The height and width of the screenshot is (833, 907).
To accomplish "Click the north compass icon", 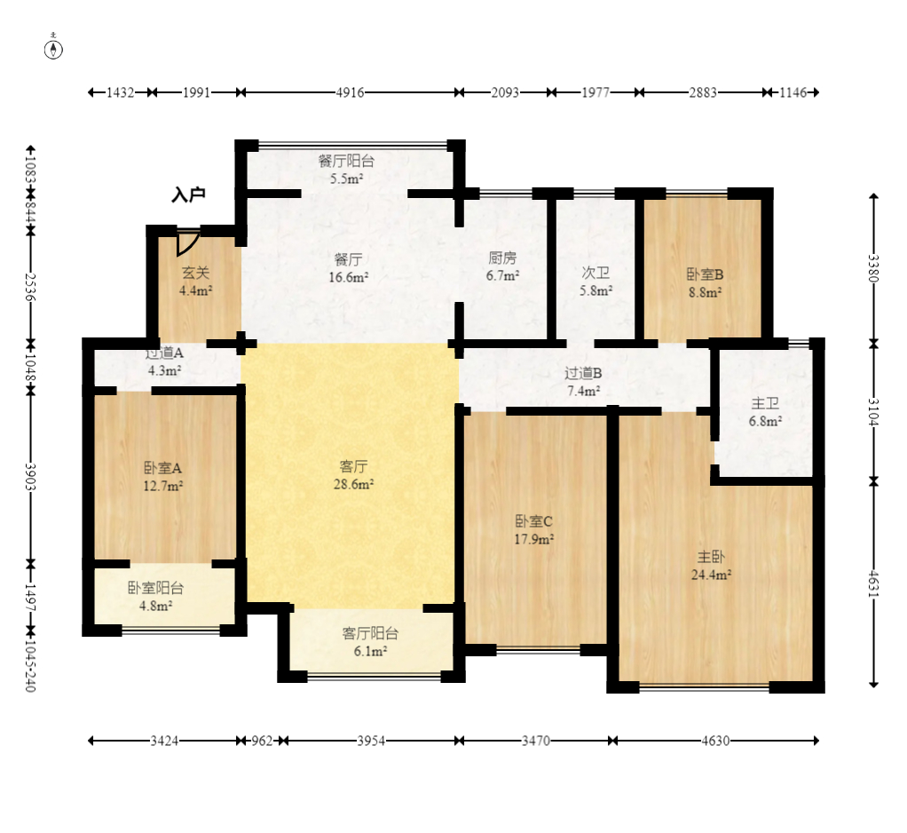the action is [x=54, y=49].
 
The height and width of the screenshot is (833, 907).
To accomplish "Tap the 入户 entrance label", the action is [x=188, y=194].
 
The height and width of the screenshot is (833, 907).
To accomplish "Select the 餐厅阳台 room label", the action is [x=346, y=161].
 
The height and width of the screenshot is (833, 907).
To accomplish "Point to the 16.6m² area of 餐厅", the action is [x=348, y=277].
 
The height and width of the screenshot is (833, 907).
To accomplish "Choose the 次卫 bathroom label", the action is [x=595, y=272].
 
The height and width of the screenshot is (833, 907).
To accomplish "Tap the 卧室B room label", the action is [x=705, y=274].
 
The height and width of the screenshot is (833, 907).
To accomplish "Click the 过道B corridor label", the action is [x=583, y=373].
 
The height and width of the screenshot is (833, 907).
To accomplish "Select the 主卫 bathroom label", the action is [x=765, y=403].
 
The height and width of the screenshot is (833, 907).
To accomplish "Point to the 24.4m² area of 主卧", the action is [x=711, y=575].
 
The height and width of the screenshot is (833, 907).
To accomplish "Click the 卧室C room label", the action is [x=534, y=521].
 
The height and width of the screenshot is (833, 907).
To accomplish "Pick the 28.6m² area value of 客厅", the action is [x=353, y=484].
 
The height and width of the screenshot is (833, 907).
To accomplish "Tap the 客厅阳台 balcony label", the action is [x=370, y=634].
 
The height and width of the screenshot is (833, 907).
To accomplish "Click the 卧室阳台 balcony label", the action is [x=155, y=588].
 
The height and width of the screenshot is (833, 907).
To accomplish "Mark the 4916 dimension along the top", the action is [x=351, y=92].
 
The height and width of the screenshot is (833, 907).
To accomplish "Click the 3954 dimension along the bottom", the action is [x=371, y=741].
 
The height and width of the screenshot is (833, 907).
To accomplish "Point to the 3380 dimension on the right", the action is [x=873, y=268].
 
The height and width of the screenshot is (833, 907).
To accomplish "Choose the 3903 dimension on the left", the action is [x=30, y=477].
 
